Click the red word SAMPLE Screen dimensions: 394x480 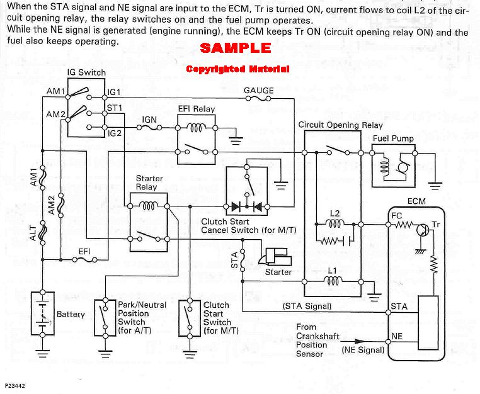point(236,48)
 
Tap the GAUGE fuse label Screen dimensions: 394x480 point(259,91)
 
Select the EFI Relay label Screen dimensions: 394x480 point(197,109)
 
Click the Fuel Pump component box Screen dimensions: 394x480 point(393,166)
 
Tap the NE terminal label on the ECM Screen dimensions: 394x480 point(397,337)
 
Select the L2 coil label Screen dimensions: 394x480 point(334,214)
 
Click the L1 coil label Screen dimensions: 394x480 point(334,271)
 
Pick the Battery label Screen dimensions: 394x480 point(71,314)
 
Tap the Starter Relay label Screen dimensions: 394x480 point(149,183)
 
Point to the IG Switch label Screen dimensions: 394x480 point(88,73)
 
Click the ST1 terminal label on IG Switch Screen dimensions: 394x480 point(115,108)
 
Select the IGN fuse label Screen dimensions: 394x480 point(149,119)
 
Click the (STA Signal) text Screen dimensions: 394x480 point(307,307)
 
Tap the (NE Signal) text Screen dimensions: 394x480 point(362,349)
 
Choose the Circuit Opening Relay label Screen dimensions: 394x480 point(340,125)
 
